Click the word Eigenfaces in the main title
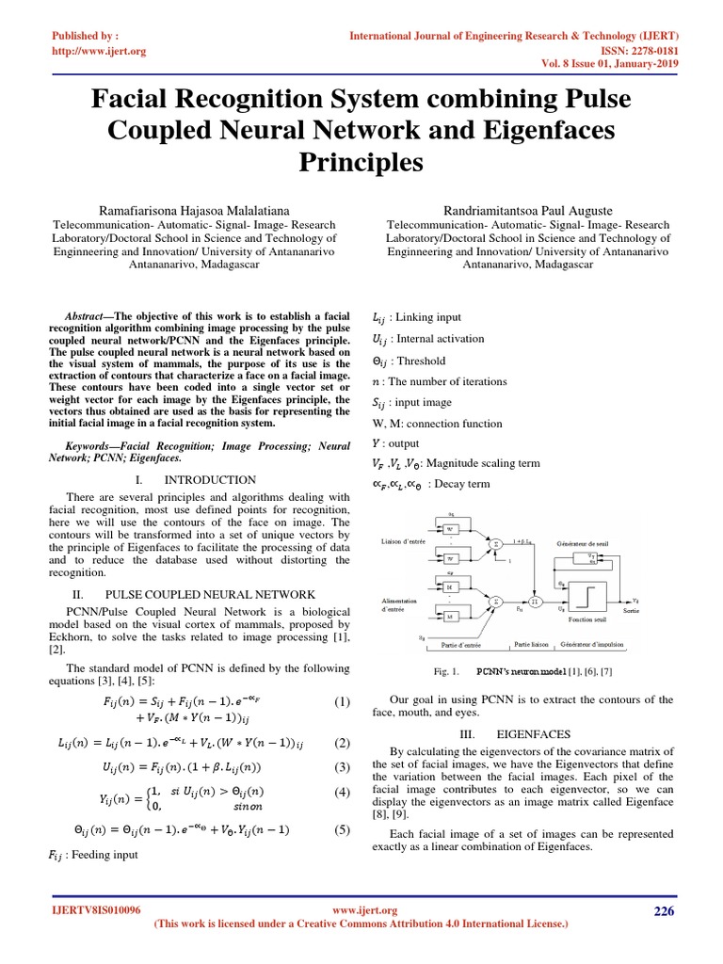coord(538,130)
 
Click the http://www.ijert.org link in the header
coord(97,51)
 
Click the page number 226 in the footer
coord(665,910)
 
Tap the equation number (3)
coord(342,767)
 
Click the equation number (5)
coord(342,829)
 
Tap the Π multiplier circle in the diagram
coord(535,600)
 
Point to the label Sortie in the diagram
coord(631,611)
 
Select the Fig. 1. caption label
coord(441,671)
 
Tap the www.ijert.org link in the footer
coord(365,910)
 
